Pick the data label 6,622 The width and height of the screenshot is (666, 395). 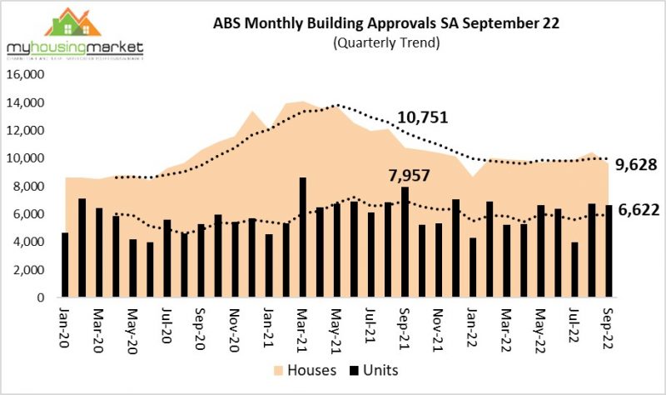point(636,215)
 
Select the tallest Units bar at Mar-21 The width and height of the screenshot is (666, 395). point(302,237)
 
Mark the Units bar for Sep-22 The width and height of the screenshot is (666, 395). point(609,251)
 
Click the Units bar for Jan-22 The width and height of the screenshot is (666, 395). point(473,267)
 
